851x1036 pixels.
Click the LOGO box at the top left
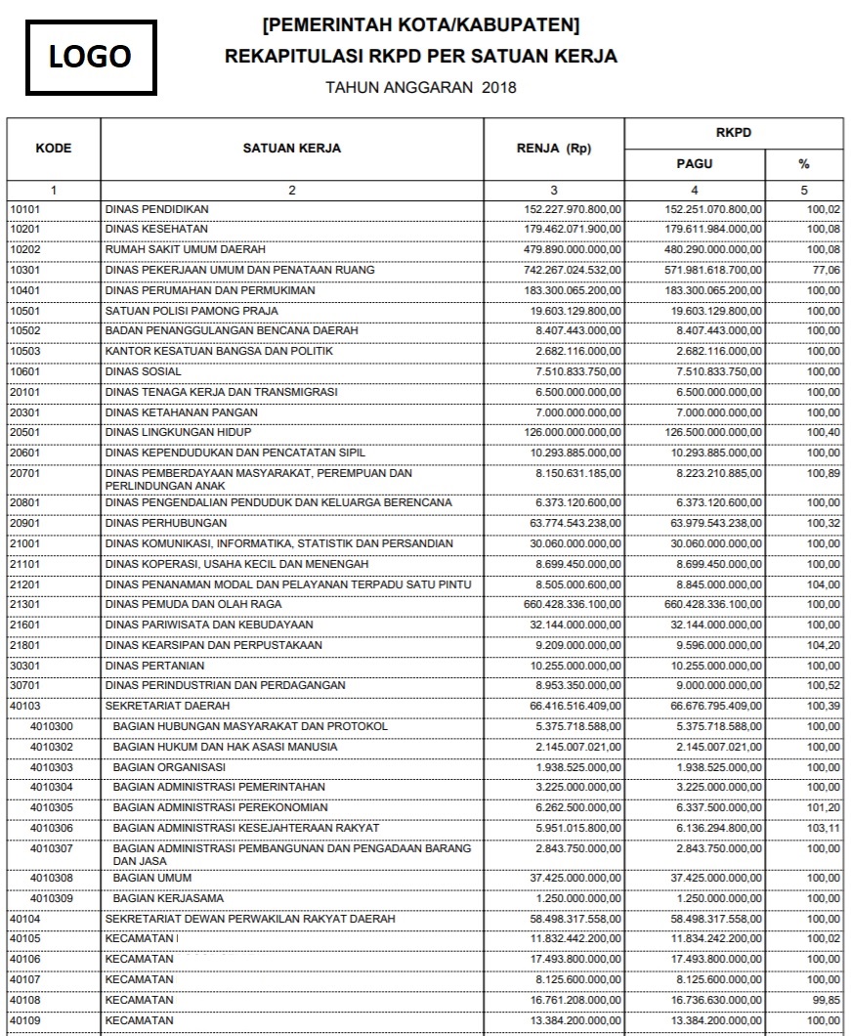(x=90, y=56)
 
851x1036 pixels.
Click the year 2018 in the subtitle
(x=499, y=87)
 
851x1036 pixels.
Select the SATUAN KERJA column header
(x=291, y=149)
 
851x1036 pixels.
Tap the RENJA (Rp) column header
(x=553, y=149)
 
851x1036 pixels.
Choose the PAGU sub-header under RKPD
(x=694, y=164)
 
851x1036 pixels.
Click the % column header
(x=804, y=164)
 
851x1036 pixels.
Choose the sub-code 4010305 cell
(x=51, y=807)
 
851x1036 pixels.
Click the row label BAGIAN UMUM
(x=149, y=878)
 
